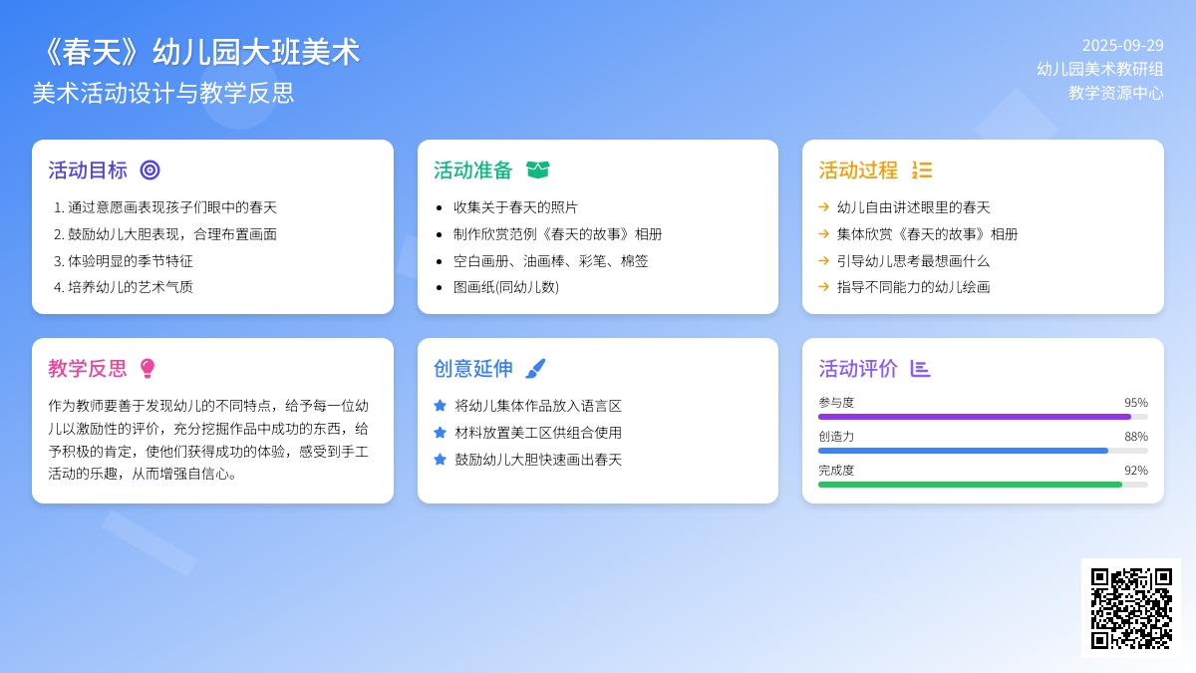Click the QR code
tap(1131, 608)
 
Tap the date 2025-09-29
tap(1122, 46)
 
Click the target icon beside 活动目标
tap(150, 170)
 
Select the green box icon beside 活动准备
tap(537, 170)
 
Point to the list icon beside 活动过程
tap(922, 170)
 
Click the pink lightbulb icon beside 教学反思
tap(148, 369)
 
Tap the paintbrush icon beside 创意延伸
tap(535, 369)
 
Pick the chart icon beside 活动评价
tap(920, 369)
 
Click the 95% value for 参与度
tap(1136, 403)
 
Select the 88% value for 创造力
tap(1136, 437)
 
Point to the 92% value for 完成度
tap(1136, 471)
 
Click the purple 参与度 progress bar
tap(975, 417)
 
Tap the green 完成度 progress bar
tap(970, 485)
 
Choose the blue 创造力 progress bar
tap(963, 451)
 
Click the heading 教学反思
tap(88, 369)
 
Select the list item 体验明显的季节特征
tap(131, 261)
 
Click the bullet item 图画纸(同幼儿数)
tap(506, 287)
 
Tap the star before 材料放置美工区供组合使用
tap(440, 433)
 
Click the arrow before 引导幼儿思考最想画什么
tap(824, 260)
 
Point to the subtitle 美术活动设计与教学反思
tap(162, 93)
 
